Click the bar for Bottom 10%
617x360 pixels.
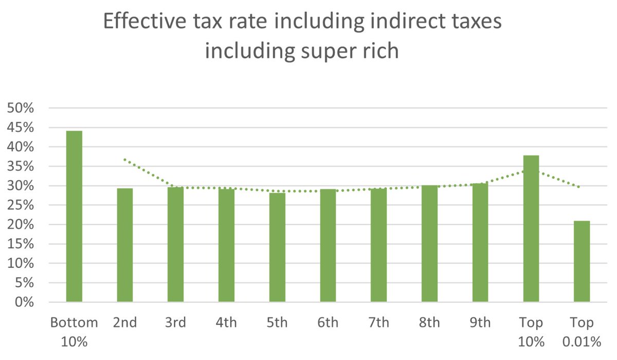(x=74, y=216)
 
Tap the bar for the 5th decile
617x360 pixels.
(x=277, y=247)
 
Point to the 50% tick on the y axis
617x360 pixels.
(x=20, y=109)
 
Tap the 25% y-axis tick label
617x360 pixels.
(x=20, y=205)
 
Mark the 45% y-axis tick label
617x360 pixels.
(x=20, y=128)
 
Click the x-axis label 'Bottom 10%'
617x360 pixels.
(x=74, y=332)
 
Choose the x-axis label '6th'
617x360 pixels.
(x=328, y=323)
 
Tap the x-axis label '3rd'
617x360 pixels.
(x=175, y=323)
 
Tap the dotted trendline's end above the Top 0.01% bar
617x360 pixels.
(x=580, y=187)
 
